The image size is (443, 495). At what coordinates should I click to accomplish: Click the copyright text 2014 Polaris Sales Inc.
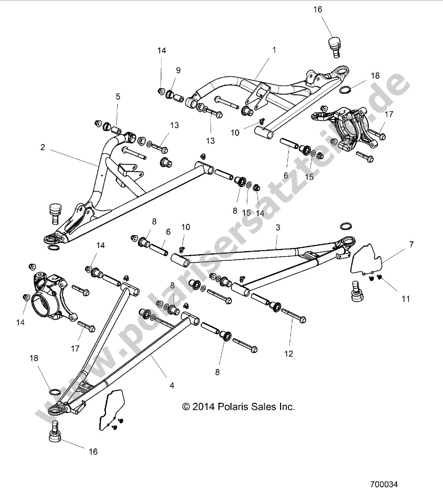239,407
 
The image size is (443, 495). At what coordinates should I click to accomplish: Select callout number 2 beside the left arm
43,147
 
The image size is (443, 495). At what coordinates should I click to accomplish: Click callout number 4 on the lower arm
158,385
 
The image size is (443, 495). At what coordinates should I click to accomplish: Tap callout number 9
178,70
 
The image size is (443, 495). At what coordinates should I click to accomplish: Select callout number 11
406,299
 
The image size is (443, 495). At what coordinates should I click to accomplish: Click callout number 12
288,354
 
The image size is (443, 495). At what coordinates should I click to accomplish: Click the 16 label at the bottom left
93,452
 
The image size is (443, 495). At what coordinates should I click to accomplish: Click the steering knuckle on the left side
47,292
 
